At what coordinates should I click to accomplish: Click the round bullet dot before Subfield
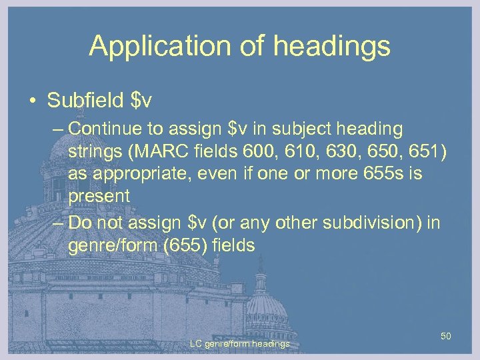[x=31, y=101]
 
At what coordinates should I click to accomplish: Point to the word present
[x=98, y=196]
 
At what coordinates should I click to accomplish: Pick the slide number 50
[x=446, y=336]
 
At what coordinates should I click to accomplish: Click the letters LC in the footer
[x=196, y=343]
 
